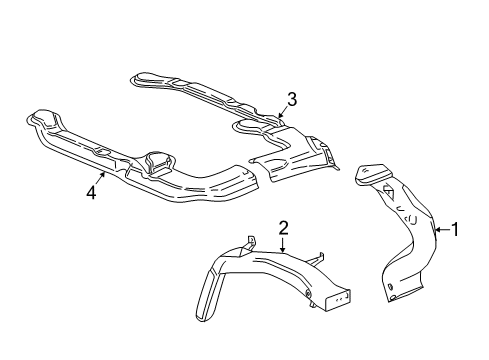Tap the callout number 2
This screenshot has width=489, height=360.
click(x=283, y=229)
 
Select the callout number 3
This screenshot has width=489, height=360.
click(x=292, y=98)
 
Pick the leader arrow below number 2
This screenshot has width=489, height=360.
click(x=283, y=247)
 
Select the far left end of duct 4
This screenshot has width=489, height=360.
click(x=40, y=118)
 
